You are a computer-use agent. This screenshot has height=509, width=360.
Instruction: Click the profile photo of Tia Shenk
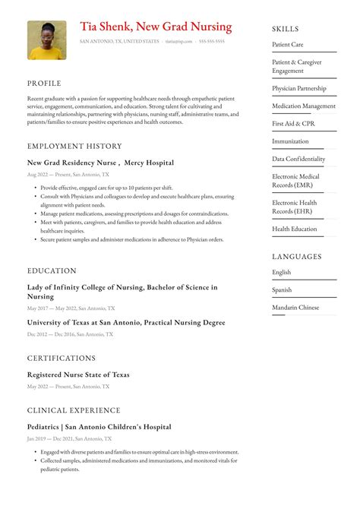click(x=46, y=40)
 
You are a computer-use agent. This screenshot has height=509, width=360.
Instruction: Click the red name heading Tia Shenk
click(x=156, y=27)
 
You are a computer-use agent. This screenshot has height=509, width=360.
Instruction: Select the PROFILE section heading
click(x=44, y=84)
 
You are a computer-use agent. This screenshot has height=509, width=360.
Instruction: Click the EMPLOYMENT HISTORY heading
click(x=74, y=146)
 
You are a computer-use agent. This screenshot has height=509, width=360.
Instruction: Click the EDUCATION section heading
click(x=52, y=270)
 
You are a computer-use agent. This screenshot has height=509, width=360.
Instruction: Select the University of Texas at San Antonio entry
click(x=126, y=323)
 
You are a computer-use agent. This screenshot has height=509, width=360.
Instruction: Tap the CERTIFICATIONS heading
click(x=62, y=358)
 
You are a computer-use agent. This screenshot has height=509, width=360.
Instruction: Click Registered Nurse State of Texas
click(x=78, y=375)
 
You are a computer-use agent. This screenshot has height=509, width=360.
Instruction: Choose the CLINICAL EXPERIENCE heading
click(x=74, y=410)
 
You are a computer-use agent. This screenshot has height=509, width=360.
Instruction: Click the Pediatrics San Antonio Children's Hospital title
click(x=99, y=427)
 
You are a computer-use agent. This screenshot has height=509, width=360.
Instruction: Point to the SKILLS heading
click(x=286, y=29)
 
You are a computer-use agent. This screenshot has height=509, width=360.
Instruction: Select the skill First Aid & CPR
click(x=293, y=124)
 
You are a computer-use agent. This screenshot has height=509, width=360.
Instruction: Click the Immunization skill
click(x=290, y=141)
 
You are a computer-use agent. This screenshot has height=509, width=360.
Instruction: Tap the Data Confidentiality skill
click(x=298, y=160)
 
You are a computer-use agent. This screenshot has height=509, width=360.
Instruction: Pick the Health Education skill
click(x=295, y=229)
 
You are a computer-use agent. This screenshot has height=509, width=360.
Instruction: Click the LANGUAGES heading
click(x=296, y=257)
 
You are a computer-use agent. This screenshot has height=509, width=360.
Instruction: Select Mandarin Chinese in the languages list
click(x=295, y=308)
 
